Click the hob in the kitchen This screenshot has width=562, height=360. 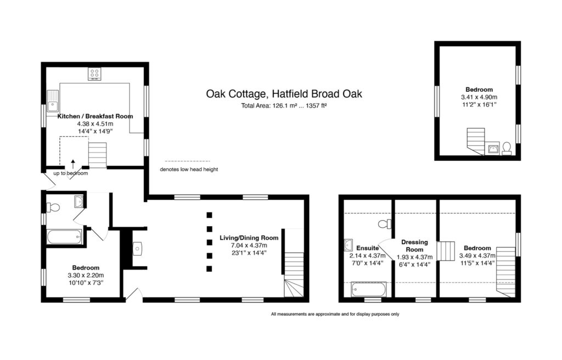click(x=94, y=74)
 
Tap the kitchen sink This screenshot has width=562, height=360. click(x=53, y=101)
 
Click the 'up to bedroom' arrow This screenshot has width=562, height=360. click(x=73, y=164)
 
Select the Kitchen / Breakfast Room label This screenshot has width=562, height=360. click(x=95, y=116)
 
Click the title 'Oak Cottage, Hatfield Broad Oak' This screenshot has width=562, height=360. click(x=284, y=94)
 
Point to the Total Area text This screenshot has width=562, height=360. click(x=284, y=106)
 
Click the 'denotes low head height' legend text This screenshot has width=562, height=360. click(x=189, y=169)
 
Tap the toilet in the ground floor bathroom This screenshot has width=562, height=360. click(x=53, y=207)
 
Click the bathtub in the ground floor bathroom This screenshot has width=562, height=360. click(x=64, y=237)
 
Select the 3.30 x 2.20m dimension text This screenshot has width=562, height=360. click(x=86, y=275)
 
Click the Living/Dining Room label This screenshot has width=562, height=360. click(x=249, y=238)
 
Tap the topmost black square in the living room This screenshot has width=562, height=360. click(x=209, y=215)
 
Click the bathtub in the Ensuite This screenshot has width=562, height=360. click(x=368, y=289)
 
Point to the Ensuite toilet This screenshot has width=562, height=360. click(x=385, y=224)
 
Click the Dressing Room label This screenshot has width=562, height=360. click(x=415, y=246)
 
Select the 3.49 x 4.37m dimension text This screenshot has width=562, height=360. click(x=477, y=256)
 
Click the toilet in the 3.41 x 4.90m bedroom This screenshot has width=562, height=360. click(x=507, y=148)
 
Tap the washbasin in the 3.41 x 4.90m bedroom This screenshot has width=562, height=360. click(x=493, y=149)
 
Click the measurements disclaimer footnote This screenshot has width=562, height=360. click(x=335, y=314)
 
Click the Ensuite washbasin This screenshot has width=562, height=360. click(x=348, y=245)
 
